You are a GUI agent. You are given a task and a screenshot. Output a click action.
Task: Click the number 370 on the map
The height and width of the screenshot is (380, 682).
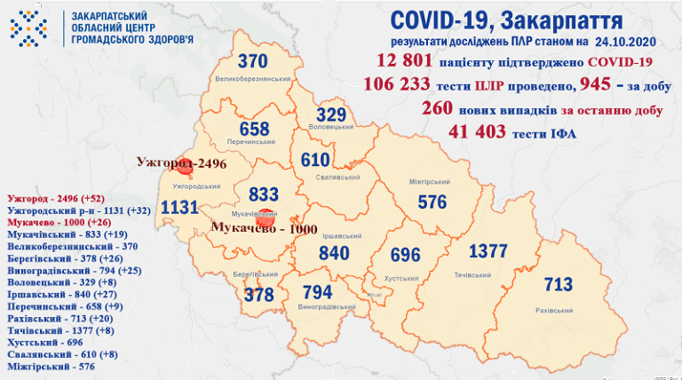252,62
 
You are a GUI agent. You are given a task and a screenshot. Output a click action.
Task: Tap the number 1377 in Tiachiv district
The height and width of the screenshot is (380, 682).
488,251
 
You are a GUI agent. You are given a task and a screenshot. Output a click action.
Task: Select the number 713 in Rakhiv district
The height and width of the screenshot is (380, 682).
558,285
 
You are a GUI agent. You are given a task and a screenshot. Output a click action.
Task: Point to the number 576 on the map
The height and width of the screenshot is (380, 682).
432,202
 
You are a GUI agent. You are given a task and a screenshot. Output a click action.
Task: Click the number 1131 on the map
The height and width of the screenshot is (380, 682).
179,207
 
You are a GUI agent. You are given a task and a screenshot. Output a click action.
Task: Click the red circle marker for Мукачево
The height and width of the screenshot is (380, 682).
262,226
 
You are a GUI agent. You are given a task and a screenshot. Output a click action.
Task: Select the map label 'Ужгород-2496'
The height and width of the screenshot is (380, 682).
183,163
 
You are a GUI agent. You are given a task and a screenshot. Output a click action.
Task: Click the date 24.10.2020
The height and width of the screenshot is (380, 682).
625,41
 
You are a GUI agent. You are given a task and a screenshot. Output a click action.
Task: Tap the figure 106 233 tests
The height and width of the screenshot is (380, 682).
396,84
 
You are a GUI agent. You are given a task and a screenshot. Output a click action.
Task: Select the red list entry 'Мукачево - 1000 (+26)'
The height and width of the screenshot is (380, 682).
56,222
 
